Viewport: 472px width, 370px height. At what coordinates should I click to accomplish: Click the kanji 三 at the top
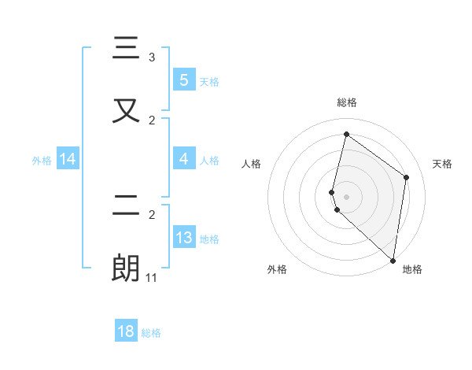click(126, 50)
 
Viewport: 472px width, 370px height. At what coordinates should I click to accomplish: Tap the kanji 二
click(126, 206)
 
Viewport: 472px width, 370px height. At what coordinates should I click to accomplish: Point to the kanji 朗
click(126, 268)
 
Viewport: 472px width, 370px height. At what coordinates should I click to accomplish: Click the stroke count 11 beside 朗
click(152, 278)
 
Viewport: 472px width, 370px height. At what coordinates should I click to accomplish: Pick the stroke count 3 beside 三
click(152, 57)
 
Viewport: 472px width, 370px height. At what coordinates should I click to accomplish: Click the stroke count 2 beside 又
click(152, 120)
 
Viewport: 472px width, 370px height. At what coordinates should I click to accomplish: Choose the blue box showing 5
click(183, 80)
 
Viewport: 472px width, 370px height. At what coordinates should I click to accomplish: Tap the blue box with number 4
click(183, 159)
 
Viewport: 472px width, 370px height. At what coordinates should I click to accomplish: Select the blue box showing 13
click(183, 237)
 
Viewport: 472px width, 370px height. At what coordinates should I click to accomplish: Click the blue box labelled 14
click(67, 160)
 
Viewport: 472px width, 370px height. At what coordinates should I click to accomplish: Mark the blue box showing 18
click(126, 331)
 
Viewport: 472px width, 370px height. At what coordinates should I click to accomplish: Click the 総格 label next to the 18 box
click(151, 333)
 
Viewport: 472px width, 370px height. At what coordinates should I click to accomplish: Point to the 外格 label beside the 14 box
click(42, 161)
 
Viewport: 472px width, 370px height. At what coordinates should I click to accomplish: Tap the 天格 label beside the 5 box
click(208, 81)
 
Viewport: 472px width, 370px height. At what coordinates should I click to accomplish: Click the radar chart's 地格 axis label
click(412, 269)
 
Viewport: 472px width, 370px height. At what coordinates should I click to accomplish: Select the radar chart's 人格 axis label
click(251, 164)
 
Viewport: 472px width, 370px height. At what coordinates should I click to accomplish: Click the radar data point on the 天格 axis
click(407, 177)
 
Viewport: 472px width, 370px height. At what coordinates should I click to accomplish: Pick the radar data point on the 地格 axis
click(393, 260)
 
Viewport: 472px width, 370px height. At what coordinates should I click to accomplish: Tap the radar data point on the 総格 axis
click(346, 135)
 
